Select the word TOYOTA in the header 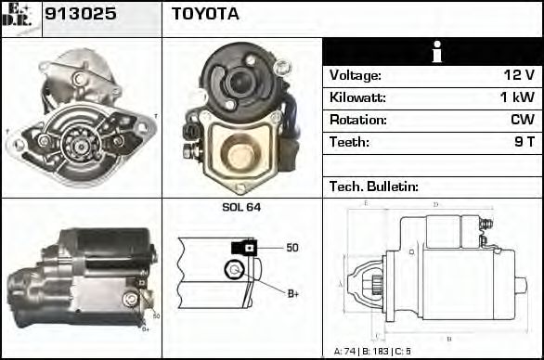[x=205, y=15]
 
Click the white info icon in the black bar [x=432, y=52]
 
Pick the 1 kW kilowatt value [x=519, y=98]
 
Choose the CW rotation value [x=522, y=121]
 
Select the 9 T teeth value [x=524, y=143]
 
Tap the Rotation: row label [x=357, y=121]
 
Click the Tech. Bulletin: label [x=374, y=186]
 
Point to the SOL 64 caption [x=241, y=207]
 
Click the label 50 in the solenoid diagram [x=291, y=248]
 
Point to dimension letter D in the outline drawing [x=435, y=204]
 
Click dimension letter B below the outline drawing [x=448, y=337]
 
